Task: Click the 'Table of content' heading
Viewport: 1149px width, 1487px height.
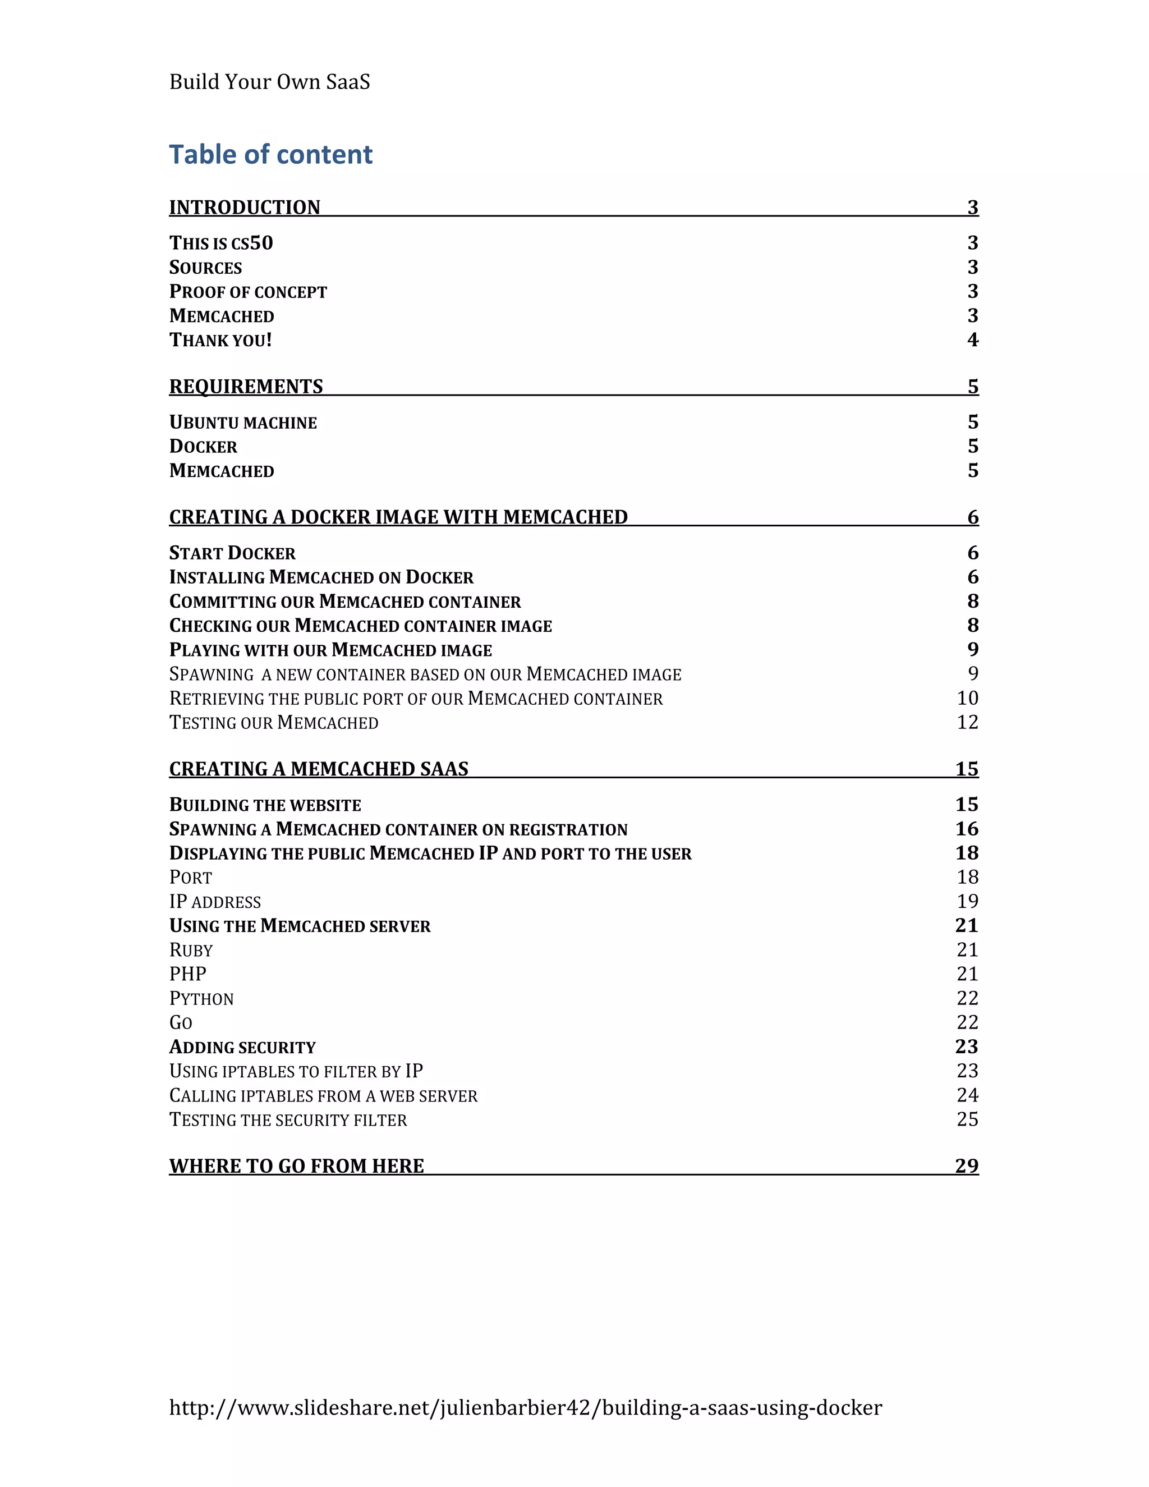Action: tap(270, 154)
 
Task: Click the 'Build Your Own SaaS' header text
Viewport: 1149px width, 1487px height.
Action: tap(269, 82)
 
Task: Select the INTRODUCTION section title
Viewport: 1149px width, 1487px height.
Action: tap(245, 207)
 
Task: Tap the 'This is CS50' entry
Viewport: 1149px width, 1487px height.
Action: tap(220, 243)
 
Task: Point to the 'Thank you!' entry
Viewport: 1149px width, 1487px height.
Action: tap(220, 339)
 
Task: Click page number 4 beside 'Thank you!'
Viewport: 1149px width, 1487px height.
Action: tap(973, 339)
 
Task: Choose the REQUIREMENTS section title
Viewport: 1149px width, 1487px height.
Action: tap(246, 386)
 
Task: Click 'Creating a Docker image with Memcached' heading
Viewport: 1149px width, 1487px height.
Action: tap(398, 517)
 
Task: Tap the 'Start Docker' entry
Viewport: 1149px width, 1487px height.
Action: tap(232, 553)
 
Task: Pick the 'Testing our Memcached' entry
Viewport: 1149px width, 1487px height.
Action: tap(274, 722)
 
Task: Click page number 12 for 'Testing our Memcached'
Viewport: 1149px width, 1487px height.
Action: tap(967, 722)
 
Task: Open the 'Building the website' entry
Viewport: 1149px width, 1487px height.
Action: tap(265, 805)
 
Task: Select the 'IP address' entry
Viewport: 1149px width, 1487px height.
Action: tap(215, 902)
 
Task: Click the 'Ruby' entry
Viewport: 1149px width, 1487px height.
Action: tap(191, 950)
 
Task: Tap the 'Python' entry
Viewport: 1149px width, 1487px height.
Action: tap(201, 998)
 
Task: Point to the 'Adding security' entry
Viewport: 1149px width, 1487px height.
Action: tap(242, 1047)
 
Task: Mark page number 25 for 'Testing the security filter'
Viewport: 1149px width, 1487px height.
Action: tap(967, 1119)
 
